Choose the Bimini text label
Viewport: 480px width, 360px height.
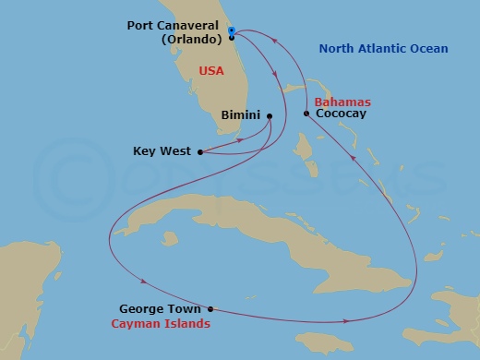[240, 116]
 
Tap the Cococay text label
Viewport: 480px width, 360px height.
[340, 114]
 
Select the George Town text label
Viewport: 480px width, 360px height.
[162, 310]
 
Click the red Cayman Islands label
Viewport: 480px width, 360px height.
[160, 324]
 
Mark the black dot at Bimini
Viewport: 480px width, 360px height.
[269, 116]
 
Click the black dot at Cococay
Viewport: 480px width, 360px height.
[306, 114]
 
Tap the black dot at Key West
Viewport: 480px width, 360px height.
[200, 150]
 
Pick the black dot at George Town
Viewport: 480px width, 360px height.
[210, 309]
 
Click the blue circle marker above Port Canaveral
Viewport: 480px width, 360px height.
[232, 29]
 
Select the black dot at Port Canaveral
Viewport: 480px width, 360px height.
[232, 38]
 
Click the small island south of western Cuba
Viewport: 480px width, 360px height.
[169, 239]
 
